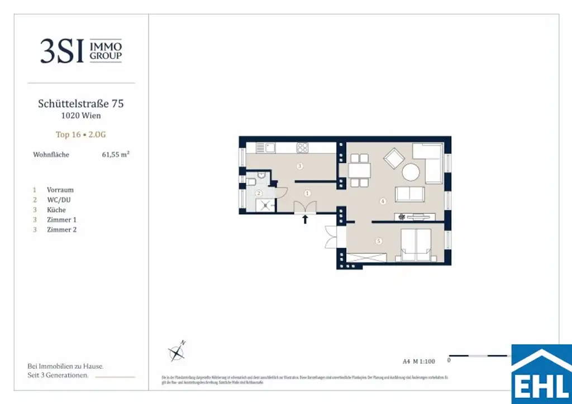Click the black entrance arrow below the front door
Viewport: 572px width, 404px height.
click(305, 219)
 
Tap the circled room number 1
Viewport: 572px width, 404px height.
click(307, 193)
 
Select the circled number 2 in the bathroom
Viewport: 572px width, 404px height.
click(259, 193)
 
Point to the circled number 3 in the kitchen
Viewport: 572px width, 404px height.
click(299, 166)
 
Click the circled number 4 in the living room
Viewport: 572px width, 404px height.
click(383, 201)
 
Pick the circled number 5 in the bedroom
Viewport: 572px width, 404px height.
click(378, 241)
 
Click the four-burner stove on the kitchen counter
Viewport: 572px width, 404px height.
click(302, 148)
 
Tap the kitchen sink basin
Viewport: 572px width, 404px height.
click(270, 148)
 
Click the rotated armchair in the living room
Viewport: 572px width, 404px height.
click(394, 158)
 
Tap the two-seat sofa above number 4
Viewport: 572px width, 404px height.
click(409, 194)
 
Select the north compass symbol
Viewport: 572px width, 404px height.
click(178, 352)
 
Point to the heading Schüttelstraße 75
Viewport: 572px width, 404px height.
click(81, 104)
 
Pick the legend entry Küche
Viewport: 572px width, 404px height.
click(56, 210)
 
